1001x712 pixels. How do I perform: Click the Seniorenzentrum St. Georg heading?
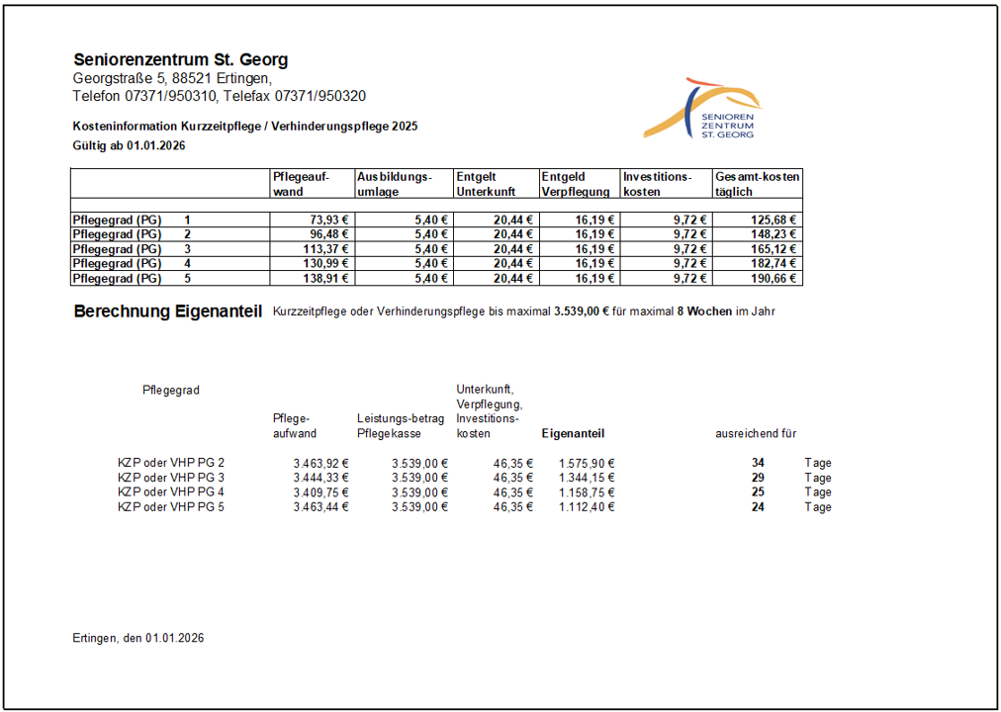click(x=180, y=60)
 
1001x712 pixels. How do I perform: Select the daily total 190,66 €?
click(x=776, y=279)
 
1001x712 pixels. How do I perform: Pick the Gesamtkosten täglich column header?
click(x=757, y=184)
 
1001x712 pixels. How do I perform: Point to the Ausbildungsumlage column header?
click(x=395, y=184)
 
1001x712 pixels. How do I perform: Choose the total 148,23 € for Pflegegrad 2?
click(x=776, y=234)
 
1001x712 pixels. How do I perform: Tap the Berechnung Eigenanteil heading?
click(x=167, y=312)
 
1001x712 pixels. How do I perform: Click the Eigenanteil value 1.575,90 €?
click(x=587, y=463)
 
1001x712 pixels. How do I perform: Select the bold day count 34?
click(x=758, y=463)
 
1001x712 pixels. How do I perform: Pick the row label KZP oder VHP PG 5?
click(x=171, y=507)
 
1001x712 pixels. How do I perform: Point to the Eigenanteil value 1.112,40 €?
click(x=587, y=507)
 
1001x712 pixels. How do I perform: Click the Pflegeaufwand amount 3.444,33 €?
click(x=320, y=478)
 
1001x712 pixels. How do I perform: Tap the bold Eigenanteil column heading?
click(x=573, y=433)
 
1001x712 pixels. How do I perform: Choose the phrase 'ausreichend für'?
click(x=756, y=433)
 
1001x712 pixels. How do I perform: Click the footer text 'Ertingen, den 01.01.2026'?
click(x=138, y=639)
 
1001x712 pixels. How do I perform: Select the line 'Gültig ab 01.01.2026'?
click(x=130, y=145)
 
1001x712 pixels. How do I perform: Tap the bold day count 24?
click(x=758, y=507)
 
